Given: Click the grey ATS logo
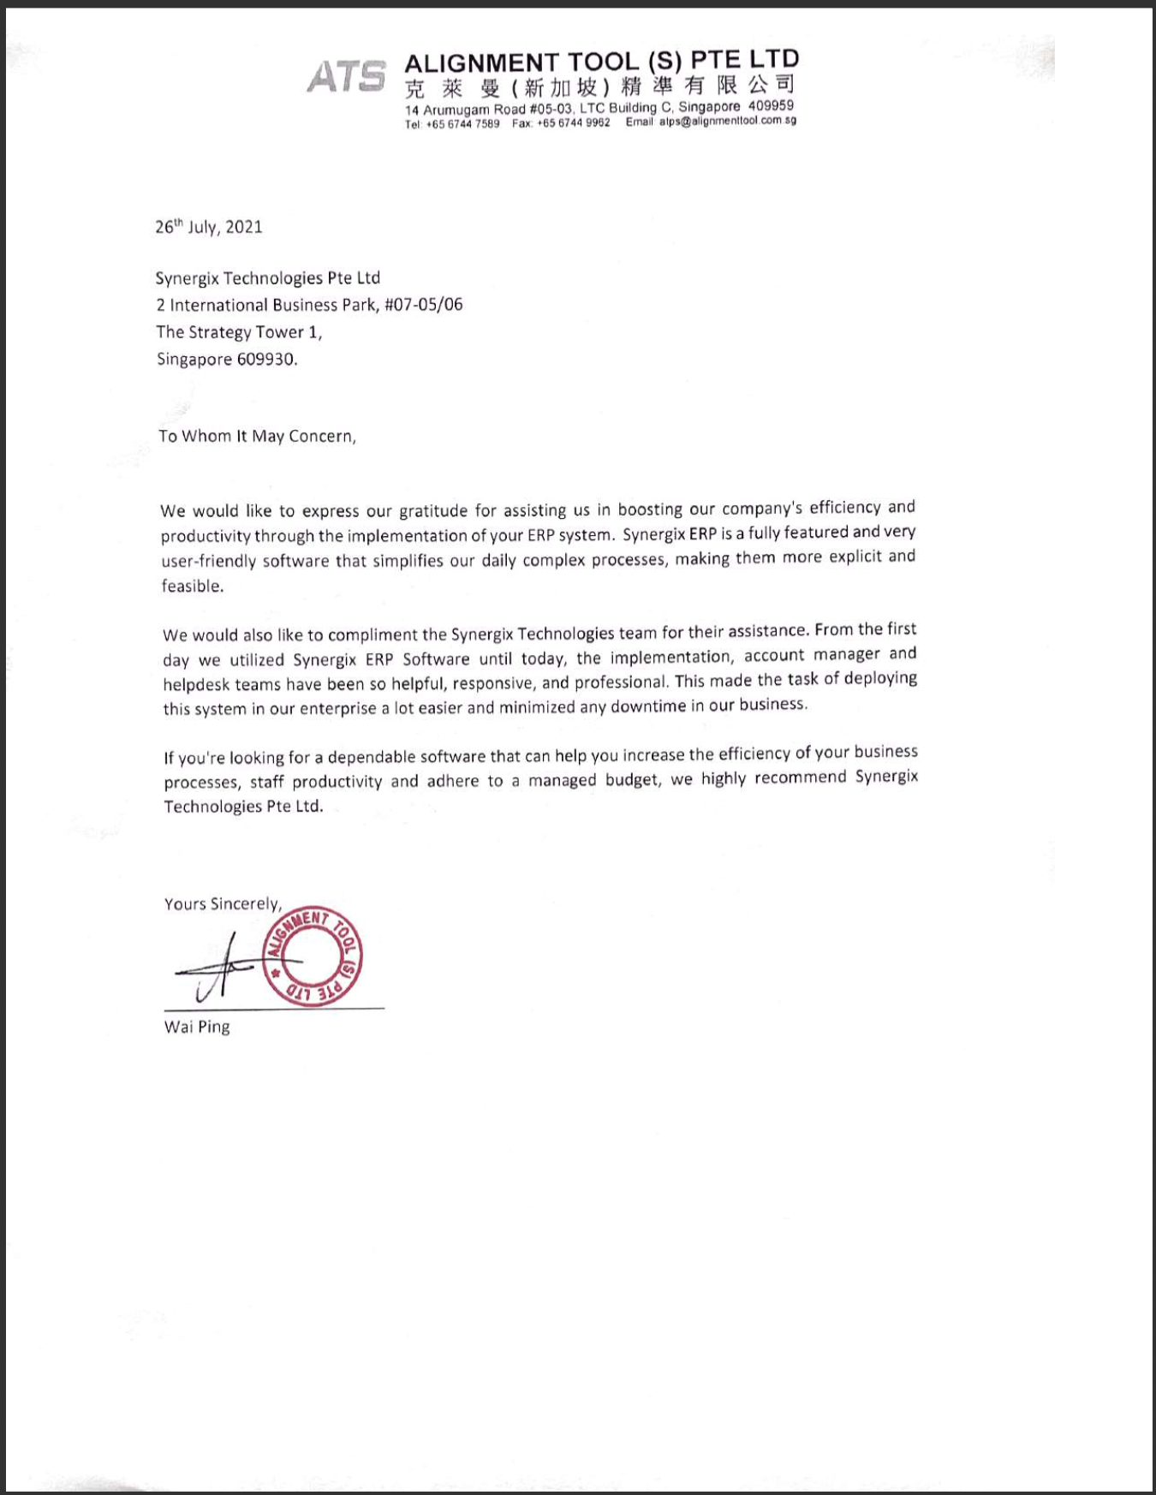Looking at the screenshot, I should tap(347, 76).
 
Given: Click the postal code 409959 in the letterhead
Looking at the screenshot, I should tap(771, 105).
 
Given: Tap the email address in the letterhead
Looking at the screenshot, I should tap(727, 121).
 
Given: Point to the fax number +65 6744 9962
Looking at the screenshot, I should tap(573, 122).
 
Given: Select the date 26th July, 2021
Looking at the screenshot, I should tap(209, 227).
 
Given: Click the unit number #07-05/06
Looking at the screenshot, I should tap(423, 305).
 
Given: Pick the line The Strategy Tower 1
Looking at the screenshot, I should tap(239, 332).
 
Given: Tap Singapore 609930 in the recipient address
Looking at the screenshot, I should tap(227, 360).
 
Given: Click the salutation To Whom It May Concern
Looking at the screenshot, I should tap(257, 436).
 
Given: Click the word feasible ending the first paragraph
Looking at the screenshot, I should tap(193, 587).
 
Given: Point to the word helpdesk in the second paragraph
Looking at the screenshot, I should tap(197, 685).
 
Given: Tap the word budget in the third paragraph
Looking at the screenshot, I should tap(632, 780).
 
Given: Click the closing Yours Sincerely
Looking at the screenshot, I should tap(223, 904).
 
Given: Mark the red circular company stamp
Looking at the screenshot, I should tap(313, 956).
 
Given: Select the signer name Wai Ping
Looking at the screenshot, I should tap(197, 1027).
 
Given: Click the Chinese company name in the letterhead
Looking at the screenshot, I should tap(599, 86).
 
